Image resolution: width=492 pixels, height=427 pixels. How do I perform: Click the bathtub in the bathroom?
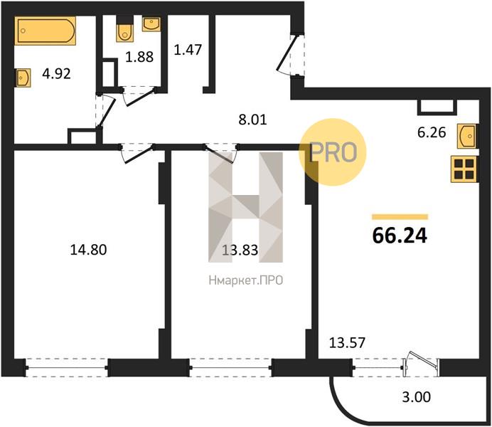pyautogui.click(x=46, y=31)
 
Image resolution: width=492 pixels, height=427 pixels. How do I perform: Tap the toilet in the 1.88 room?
pyautogui.click(x=124, y=28)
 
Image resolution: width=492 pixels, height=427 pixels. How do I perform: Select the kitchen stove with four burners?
pyautogui.click(x=464, y=169)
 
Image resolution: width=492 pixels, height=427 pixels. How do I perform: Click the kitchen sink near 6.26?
pyautogui.click(x=466, y=136)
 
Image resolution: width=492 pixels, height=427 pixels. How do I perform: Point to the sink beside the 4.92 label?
pyautogui.click(x=23, y=78)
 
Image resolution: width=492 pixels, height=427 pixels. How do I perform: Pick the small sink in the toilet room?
pyautogui.click(x=151, y=24)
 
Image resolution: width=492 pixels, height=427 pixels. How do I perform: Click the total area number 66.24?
pyautogui.click(x=400, y=236)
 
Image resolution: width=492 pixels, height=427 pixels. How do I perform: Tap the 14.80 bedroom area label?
pyautogui.click(x=88, y=250)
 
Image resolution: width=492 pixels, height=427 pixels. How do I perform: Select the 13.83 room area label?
pyautogui.click(x=240, y=251)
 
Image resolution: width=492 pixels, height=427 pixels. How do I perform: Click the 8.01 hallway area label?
pyautogui.click(x=252, y=120)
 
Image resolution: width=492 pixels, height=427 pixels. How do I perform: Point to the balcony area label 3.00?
pyautogui.click(x=417, y=397)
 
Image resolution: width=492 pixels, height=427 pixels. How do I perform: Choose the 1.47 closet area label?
pyautogui.click(x=188, y=50)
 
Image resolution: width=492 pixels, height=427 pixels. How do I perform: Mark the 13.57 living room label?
pyautogui.click(x=348, y=342)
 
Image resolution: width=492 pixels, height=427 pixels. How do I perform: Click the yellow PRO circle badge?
pyautogui.click(x=333, y=152)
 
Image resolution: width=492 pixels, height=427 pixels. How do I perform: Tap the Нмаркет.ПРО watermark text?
pyautogui.click(x=246, y=280)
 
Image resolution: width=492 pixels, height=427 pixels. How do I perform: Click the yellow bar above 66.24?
pyautogui.click(x=400, y=216)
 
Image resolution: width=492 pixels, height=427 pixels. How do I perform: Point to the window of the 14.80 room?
pyautogui.click(x=67, y=367)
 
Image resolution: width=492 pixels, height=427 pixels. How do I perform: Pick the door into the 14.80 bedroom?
pyautogui.click(x=137, y=153)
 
